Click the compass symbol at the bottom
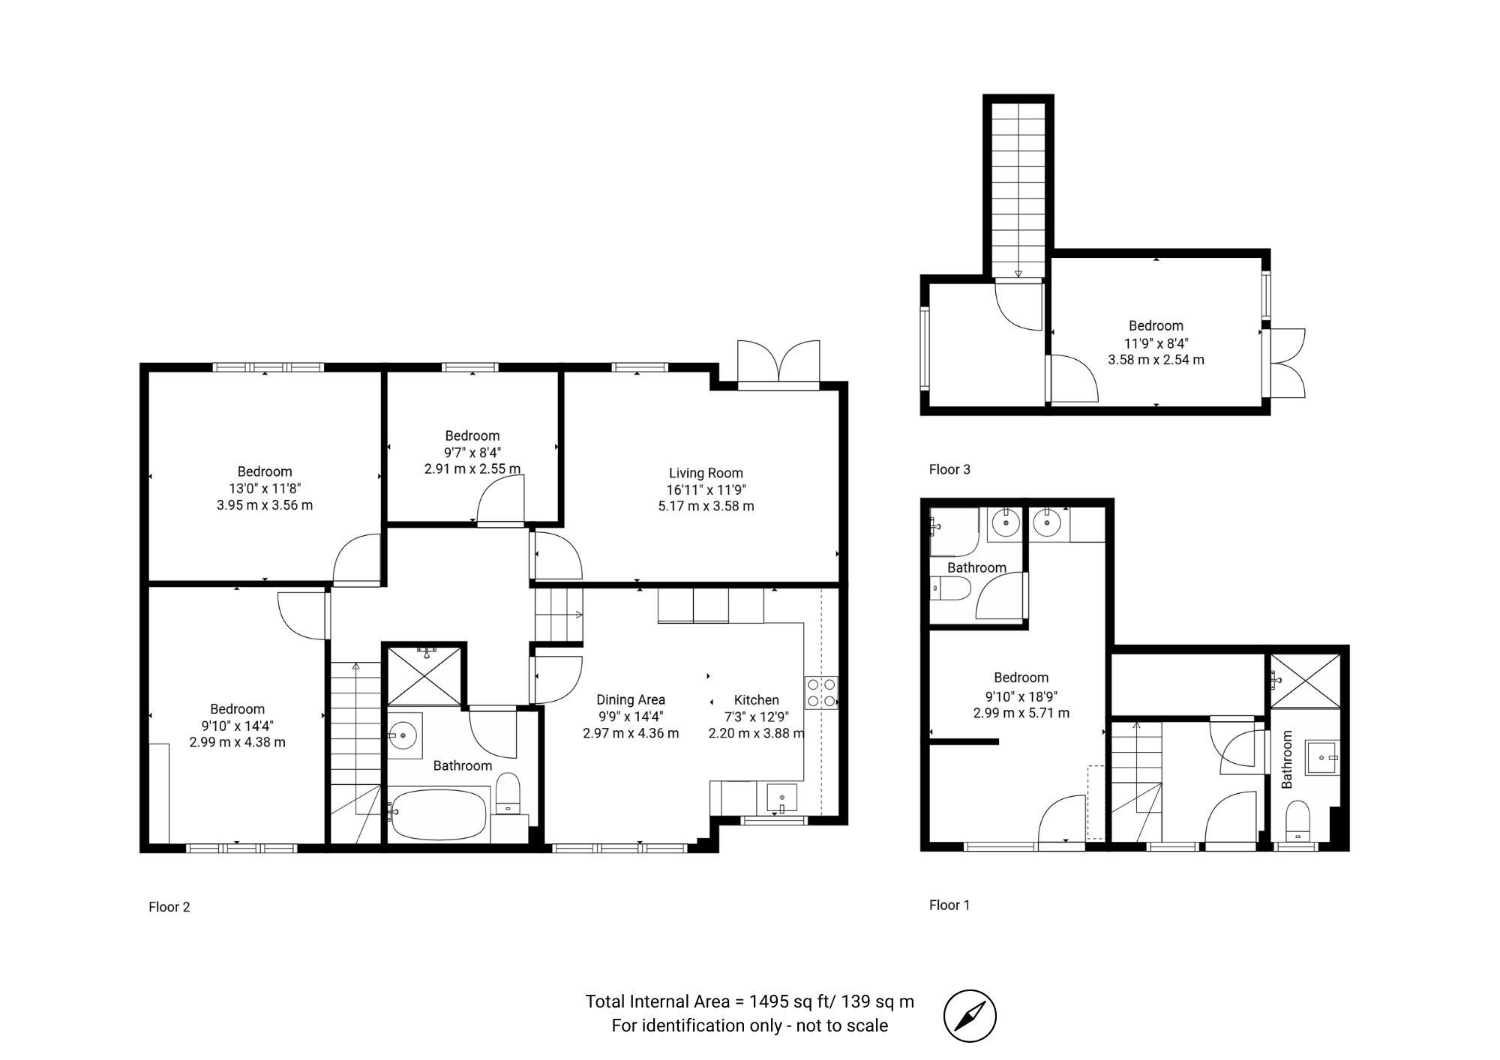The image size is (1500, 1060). coord(970,1016)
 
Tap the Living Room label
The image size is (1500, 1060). coord(706,473)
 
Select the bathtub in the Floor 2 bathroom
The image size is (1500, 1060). coord(439,814)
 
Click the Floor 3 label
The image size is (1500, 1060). coord(949,469)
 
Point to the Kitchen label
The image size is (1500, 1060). coord(756,700)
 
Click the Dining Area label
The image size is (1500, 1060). coord(631,700)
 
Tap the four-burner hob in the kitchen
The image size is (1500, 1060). coord(821,693)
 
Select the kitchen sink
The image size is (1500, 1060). coord(781,798)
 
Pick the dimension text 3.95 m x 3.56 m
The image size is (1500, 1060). coord(265,505)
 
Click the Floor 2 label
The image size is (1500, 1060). coord(169,907)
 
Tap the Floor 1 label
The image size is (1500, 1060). coord(949,905)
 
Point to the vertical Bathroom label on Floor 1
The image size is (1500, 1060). coord(1287,759)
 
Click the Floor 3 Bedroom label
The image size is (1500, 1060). coord(1156,326)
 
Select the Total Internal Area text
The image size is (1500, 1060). coord(750,1002)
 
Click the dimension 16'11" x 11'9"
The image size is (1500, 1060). coord(706,490)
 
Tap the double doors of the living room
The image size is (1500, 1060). coord(778,363)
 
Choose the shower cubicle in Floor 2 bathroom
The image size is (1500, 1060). coord(424,675)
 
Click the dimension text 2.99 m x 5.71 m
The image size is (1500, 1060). coord(1021,713)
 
